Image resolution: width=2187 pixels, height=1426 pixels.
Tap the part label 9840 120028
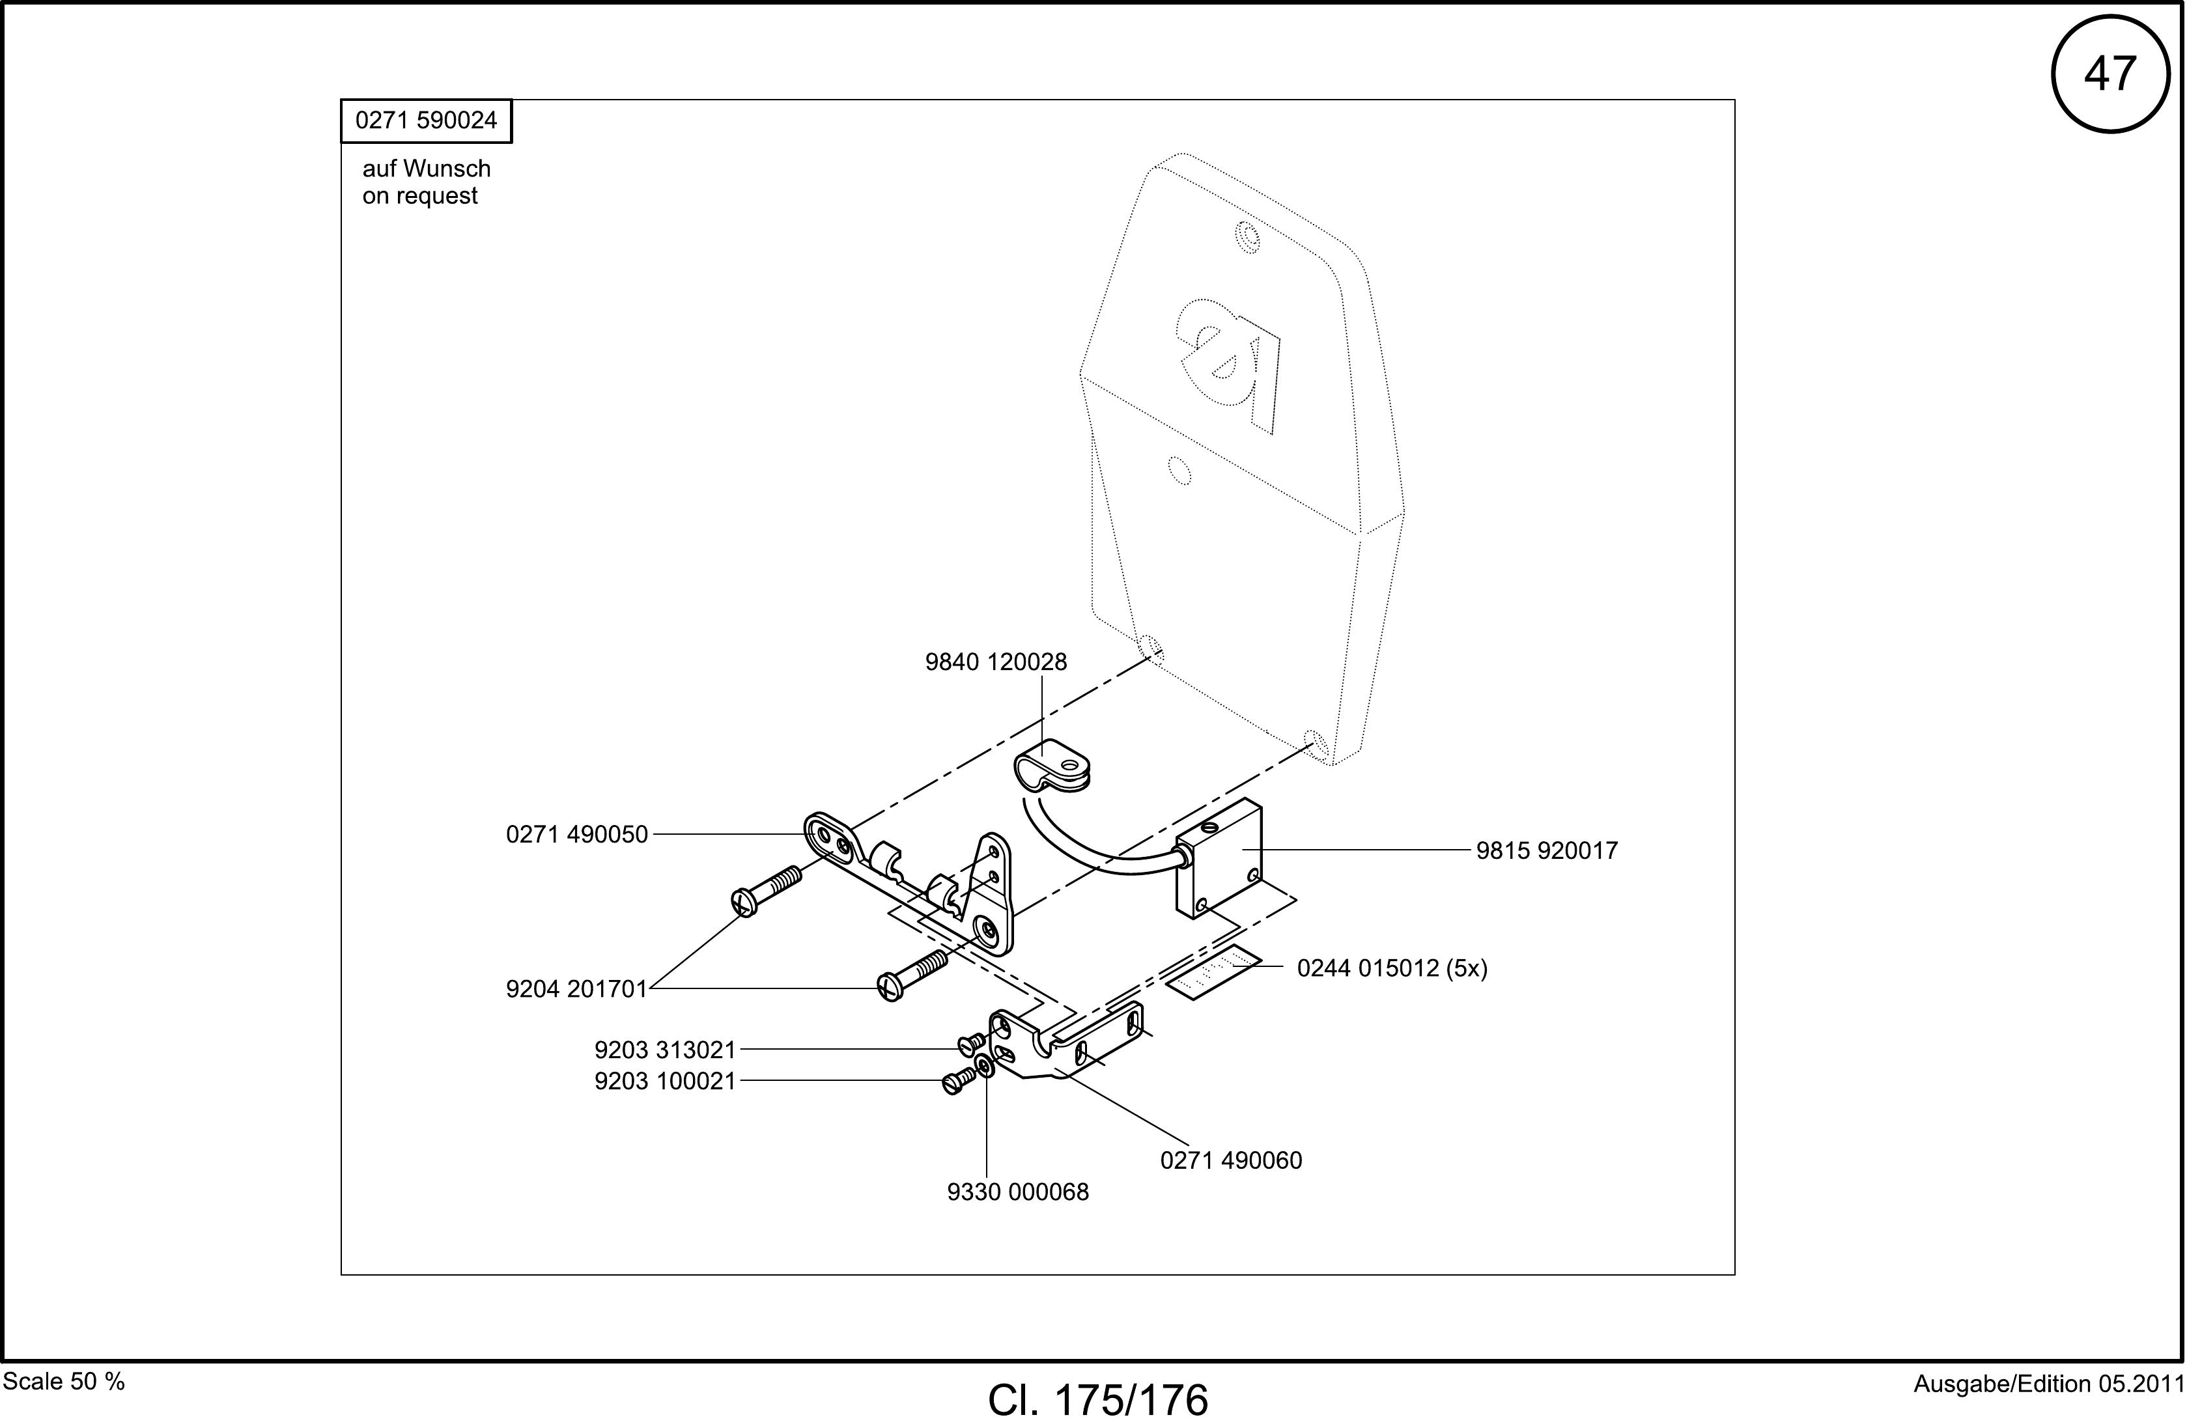[x=996, y=662]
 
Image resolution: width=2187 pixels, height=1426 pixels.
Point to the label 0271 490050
[x=577, y=834]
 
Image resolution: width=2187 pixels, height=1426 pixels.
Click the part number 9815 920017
[x=1547, y=851]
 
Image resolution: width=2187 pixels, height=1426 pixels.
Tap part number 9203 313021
[x=666, y=1049]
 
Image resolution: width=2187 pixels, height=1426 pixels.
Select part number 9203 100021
[x=666, y=1082]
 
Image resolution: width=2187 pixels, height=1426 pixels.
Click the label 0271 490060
[x=1232, y=1160]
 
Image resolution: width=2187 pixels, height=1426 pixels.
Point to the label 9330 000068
[x=1018, y=1192]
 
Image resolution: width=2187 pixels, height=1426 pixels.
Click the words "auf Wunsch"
[x=427, y=169]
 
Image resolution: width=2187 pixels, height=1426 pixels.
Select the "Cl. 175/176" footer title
[x=1098, y=1400]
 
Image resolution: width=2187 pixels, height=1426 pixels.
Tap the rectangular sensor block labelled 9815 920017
[x=1219, y=859]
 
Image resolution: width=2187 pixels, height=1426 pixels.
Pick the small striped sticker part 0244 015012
[x=1213, y=972]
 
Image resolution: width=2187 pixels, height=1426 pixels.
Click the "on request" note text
[x=420, y=197]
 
